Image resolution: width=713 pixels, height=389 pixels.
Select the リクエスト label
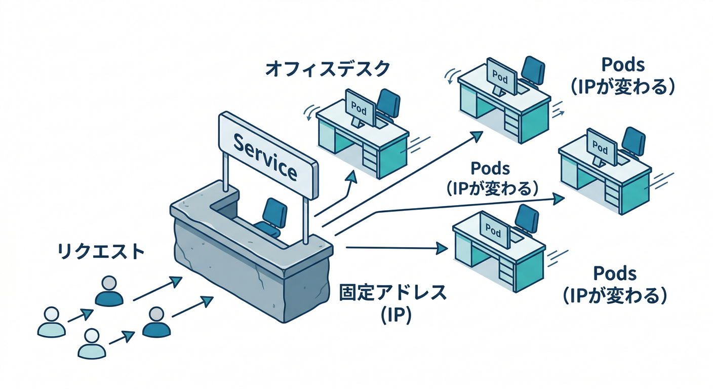click(101, 252)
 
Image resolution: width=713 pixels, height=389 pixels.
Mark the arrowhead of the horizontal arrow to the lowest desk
click(444, 248)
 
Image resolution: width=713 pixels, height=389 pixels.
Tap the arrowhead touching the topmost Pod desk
click(477, 134)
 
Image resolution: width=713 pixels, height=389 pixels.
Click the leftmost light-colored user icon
click(51, 322)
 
